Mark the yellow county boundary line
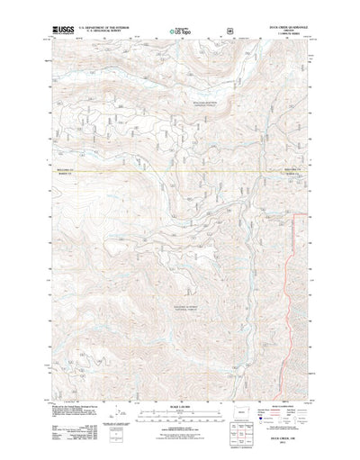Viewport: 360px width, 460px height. (180, 171)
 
